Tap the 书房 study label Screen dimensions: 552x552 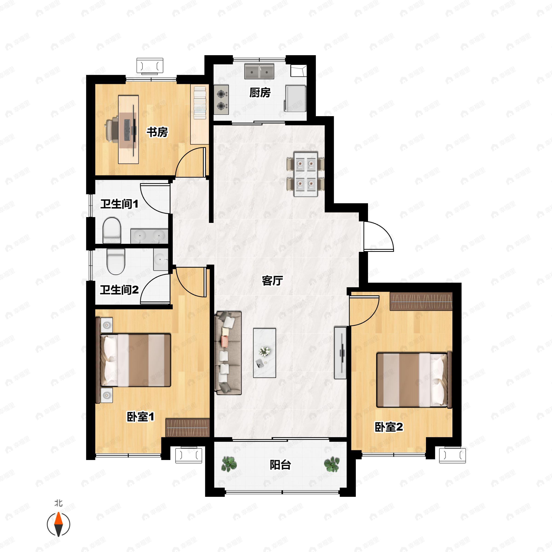coord(157,132)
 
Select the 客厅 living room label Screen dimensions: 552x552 coord(272,281)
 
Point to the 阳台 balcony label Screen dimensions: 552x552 coord(280,465)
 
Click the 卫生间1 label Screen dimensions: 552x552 coord(119,204)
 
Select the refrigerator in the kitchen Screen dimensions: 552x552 coord(295,98)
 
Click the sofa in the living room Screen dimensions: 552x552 coord(228,353)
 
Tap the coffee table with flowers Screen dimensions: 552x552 coord(264,353)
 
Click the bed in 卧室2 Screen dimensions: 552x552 coord(414,380)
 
